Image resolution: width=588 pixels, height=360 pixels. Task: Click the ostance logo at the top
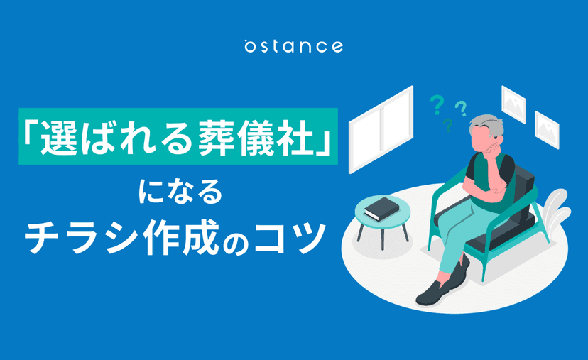tap(293, 46)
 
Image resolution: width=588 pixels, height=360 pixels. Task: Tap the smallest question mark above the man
tap(448, 126)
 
